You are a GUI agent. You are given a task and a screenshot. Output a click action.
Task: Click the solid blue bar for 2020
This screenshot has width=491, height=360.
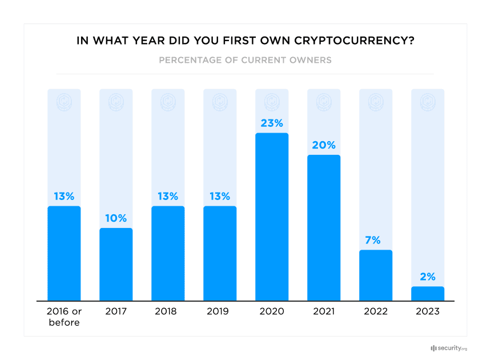[272, 217]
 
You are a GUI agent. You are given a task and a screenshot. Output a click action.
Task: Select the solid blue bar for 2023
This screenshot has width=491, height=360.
[428, 294]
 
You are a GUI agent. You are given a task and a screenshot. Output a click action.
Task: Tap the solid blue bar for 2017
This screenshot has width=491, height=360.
[116, 265]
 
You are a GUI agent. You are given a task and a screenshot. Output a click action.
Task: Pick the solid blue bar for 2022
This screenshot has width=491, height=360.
[376, 275]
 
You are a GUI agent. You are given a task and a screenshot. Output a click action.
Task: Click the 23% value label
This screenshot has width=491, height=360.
[272, 123]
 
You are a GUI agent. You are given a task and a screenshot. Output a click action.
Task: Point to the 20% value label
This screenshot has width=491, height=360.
[324, 145]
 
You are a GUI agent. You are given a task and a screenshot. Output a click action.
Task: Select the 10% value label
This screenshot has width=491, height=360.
[116, 218]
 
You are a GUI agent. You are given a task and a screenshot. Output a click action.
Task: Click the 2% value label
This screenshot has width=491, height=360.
[428, 277]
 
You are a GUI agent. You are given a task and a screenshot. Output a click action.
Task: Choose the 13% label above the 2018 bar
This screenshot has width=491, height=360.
[168, 196]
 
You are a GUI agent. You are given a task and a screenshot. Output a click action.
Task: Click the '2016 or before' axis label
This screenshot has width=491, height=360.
[64, 317]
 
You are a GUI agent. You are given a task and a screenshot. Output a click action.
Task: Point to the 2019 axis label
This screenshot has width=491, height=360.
[220, 311]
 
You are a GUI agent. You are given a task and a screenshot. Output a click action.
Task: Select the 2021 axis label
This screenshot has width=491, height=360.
[324, 311]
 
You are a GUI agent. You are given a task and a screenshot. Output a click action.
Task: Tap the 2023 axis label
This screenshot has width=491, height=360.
[428, 311]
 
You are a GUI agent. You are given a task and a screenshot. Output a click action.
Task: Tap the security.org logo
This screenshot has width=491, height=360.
[449, 348]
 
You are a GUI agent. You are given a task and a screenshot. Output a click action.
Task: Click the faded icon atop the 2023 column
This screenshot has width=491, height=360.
[428, 102]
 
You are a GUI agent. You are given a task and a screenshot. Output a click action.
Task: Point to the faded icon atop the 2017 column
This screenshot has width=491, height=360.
[116, 102]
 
